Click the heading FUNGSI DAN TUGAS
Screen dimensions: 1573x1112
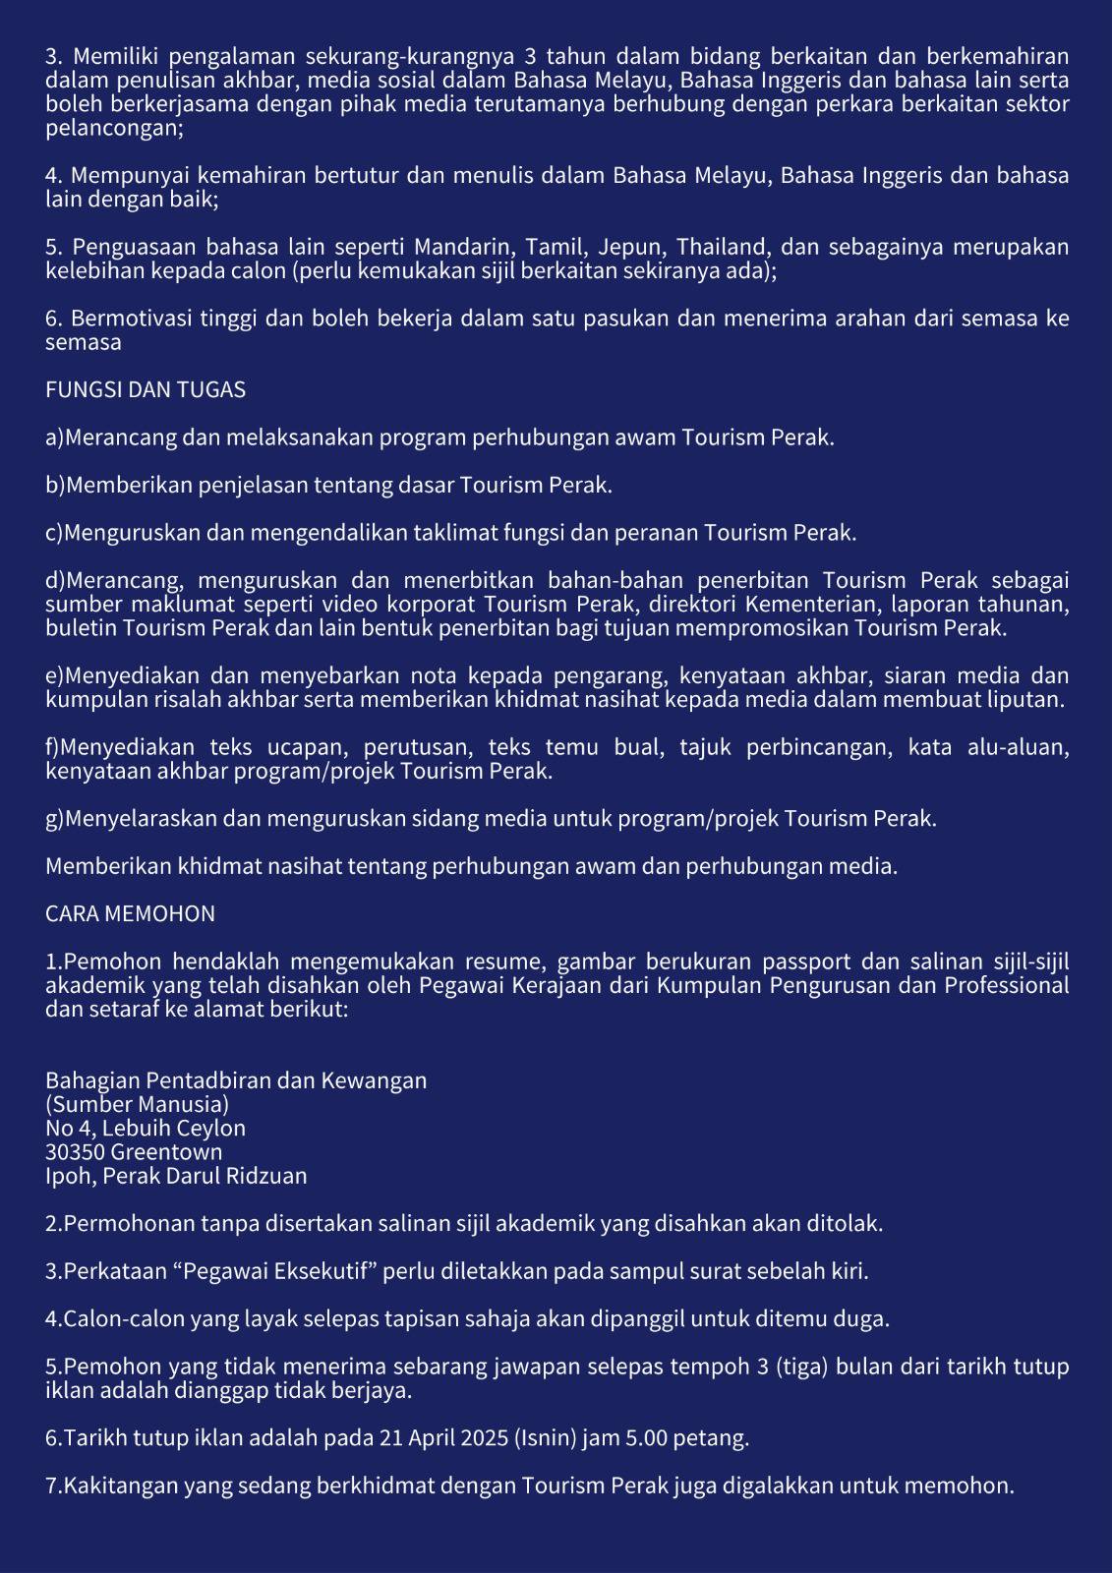tap(146, 390)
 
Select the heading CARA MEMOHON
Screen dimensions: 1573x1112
tap(130, 914)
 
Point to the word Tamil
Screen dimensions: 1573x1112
tap(553, 246)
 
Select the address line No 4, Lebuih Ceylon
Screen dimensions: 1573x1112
tap(146, 1129)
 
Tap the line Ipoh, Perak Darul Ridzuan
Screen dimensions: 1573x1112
tap(176, 1176)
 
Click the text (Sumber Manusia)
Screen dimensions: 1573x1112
tap(137, 1104)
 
